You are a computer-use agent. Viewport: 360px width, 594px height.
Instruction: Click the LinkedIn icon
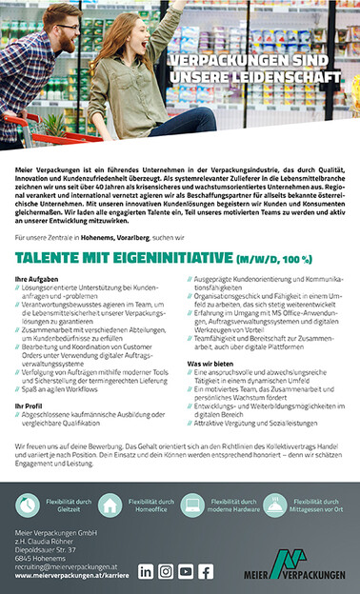point(146,571)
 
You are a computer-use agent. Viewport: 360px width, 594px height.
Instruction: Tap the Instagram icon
point(166,571)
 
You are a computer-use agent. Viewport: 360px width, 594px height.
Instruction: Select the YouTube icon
point(186,571)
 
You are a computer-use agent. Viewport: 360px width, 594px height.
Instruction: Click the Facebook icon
point(206,571)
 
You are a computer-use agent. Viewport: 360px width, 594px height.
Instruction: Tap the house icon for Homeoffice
point(110,505)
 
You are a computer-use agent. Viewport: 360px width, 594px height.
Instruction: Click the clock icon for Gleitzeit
point(27,505)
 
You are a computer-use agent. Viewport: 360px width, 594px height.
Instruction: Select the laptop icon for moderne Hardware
point(191,505)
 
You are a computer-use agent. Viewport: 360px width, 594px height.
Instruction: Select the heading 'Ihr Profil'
point(30,406)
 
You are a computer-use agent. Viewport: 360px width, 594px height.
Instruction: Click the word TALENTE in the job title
point(52,258)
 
